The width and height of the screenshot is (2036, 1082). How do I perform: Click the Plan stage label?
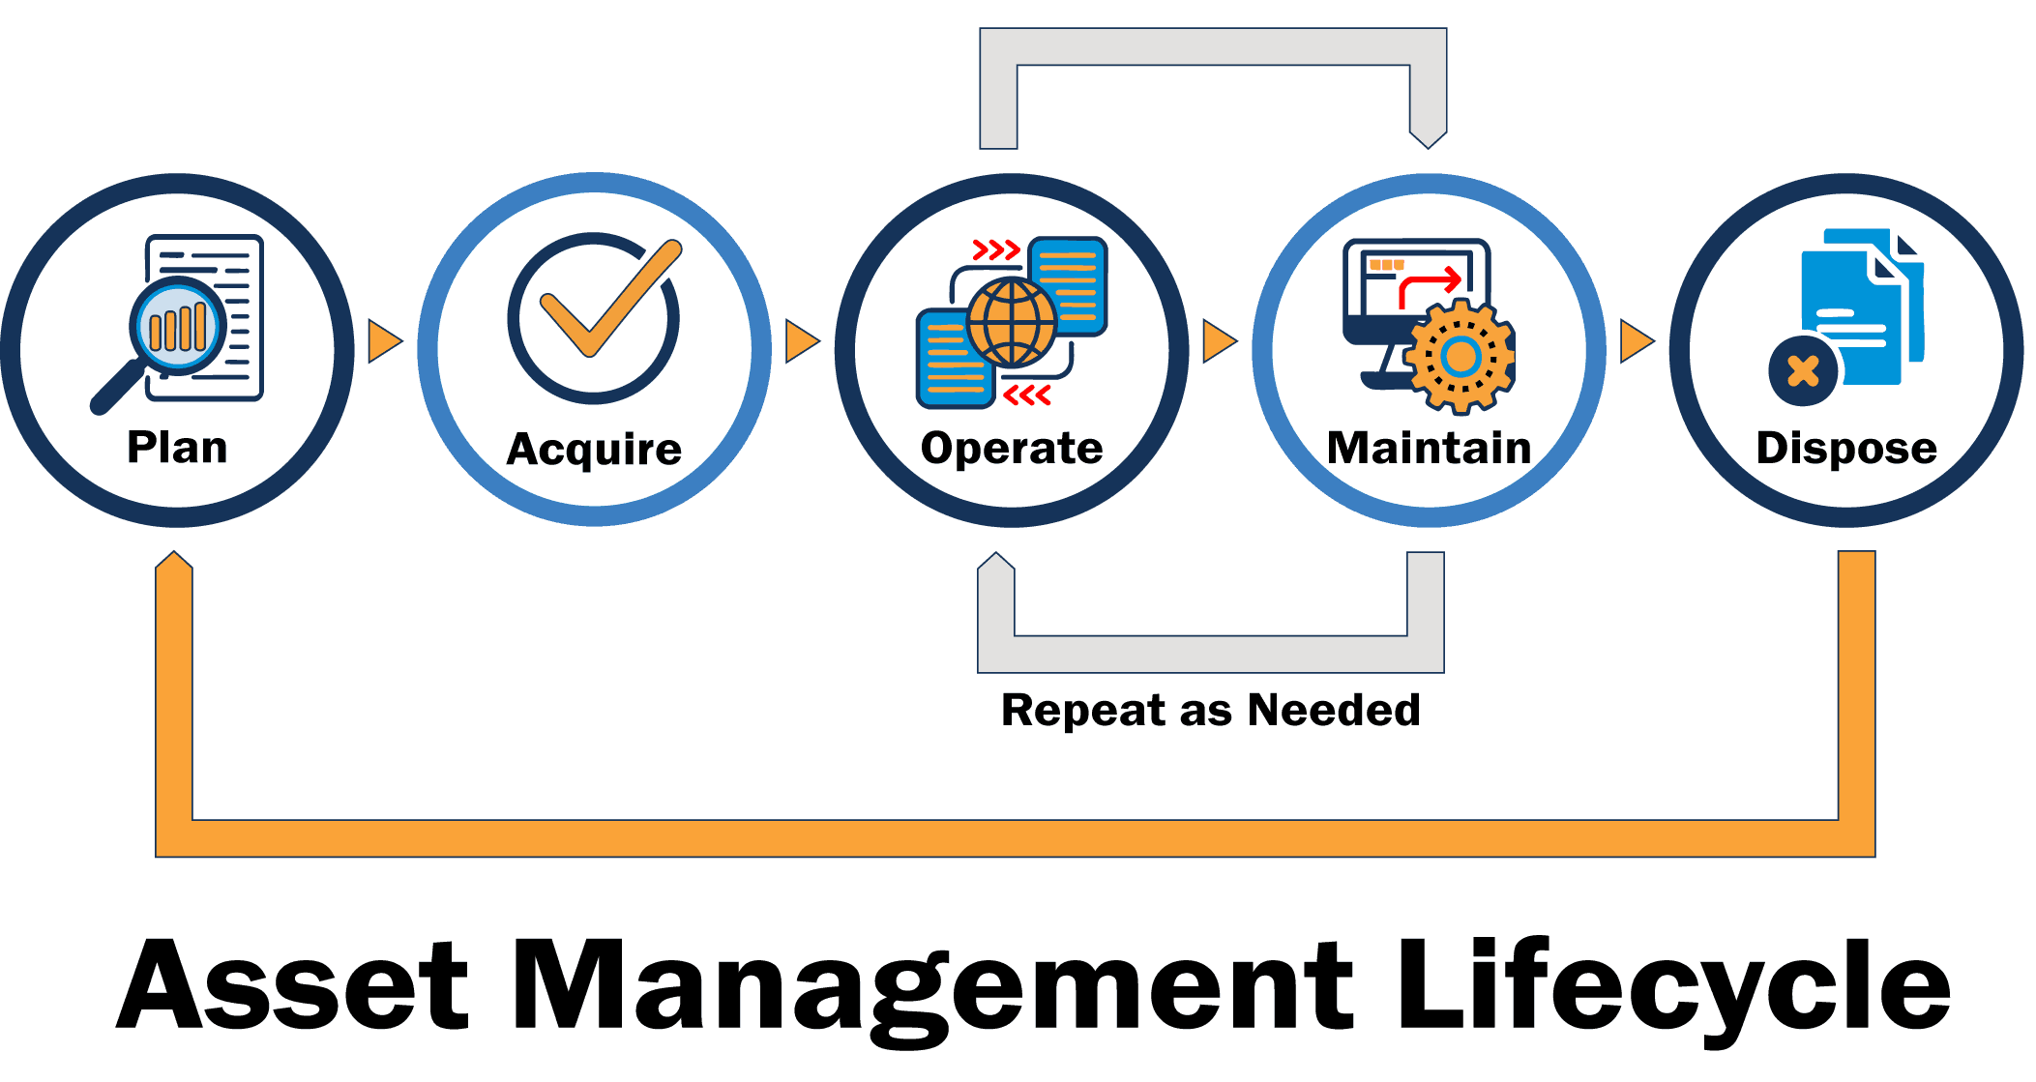coord(177,448)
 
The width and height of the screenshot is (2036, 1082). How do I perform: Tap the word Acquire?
coord(594,450)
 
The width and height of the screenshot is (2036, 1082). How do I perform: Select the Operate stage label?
coord(1012,448)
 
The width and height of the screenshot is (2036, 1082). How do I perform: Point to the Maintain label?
coord(1429,448)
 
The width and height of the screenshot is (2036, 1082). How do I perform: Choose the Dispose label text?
coord(1845,448)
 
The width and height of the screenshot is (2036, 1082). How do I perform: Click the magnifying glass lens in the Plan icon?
coord(179,327)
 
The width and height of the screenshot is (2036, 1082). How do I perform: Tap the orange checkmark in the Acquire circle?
coord(609,299)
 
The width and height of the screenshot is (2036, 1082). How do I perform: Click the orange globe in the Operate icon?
coord(1012,323)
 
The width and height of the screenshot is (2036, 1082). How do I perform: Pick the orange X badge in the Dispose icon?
coord(1803,371)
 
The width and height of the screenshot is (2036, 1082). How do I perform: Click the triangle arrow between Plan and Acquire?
coord(383,341)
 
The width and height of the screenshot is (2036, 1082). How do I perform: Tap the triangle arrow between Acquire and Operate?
coord(801,341)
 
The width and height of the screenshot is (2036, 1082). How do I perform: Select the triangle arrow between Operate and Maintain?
coord(1218,341)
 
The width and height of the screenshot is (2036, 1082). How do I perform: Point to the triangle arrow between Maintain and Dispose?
coord(1636,341)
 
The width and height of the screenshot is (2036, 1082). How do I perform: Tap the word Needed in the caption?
coord(1334,711)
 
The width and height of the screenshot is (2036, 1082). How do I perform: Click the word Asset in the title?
coord(293,985)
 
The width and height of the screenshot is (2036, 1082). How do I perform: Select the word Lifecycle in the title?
coord(1673,985)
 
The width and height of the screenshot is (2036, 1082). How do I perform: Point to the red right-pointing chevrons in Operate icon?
coord(995,250)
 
